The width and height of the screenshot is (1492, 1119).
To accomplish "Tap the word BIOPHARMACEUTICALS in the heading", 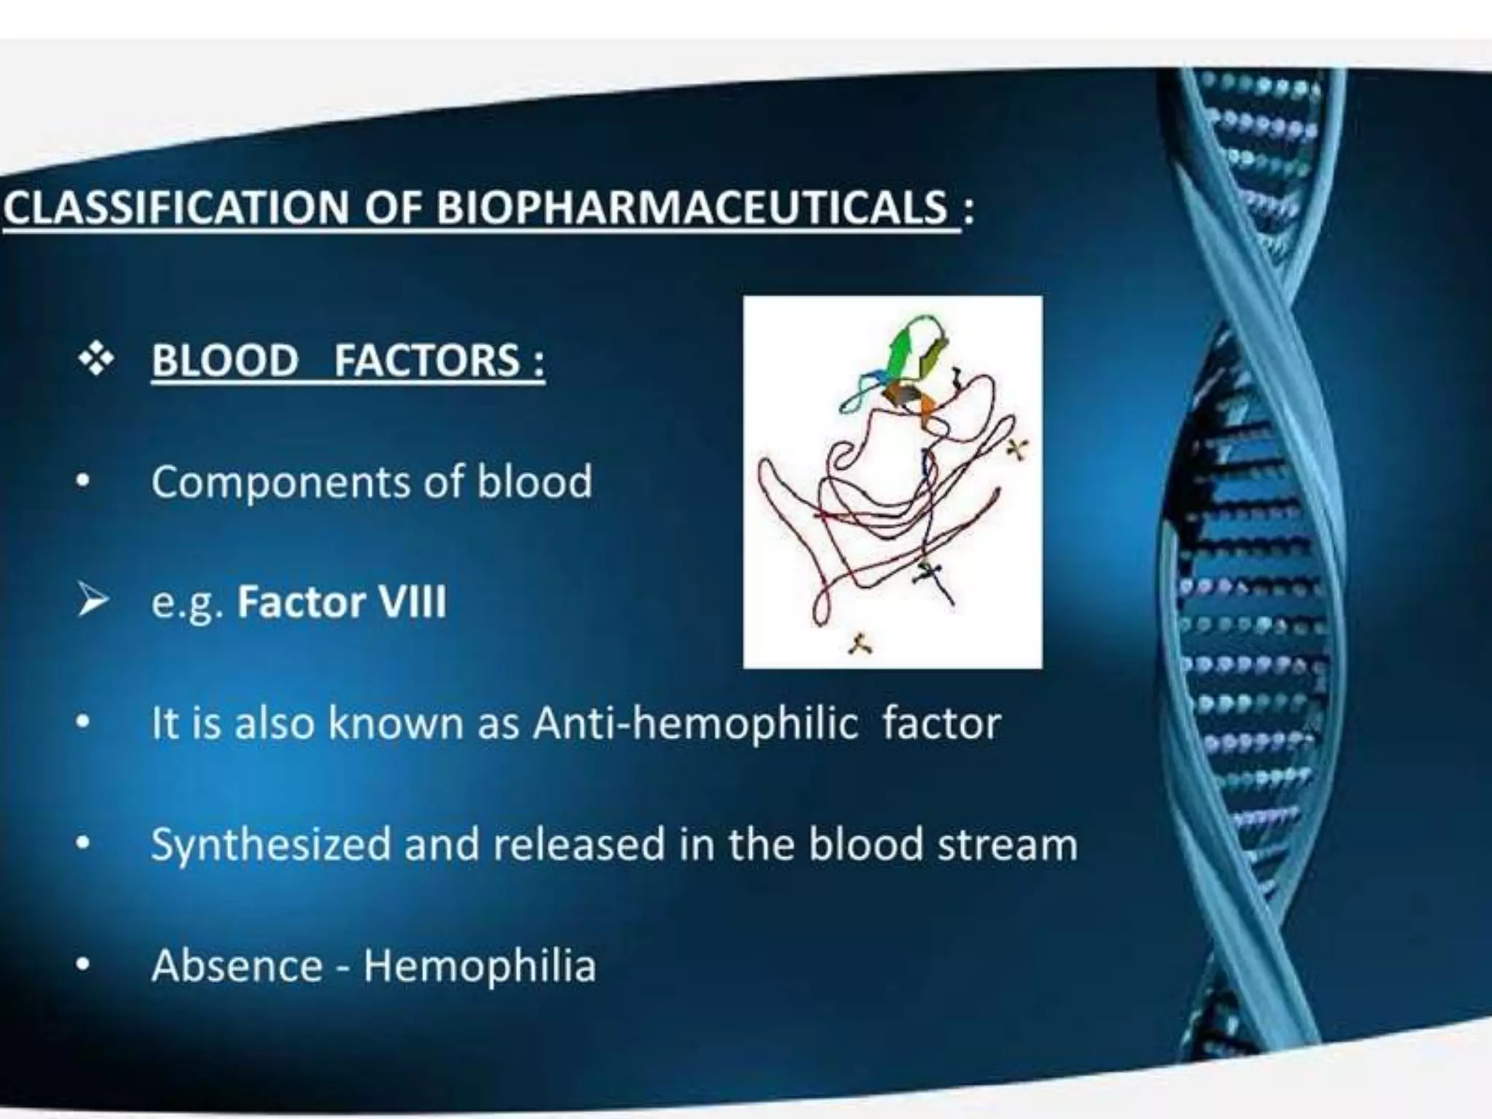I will [x=691, y=208].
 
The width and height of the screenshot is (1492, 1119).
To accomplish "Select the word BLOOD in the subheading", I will [x=225, y=361].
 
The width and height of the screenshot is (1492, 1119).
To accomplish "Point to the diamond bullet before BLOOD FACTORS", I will [x=97, y=360].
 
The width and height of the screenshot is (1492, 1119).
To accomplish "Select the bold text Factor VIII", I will [x=342, y=602].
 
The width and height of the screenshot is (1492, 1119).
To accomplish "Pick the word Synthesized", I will [x=270, y=845].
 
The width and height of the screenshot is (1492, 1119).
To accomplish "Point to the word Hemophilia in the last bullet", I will [x=479, y=966].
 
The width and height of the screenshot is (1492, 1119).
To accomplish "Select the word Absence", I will [x=237, y=966].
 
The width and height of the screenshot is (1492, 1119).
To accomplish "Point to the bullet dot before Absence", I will [x=84, y=966].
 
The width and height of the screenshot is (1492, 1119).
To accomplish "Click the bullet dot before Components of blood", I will [x=84, y=482].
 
